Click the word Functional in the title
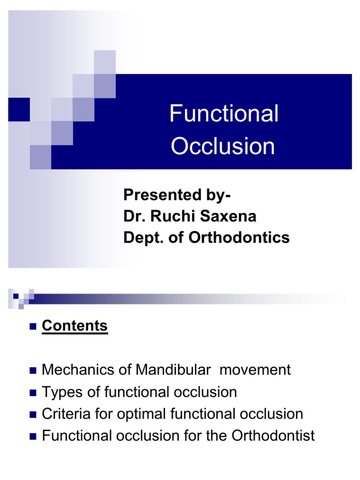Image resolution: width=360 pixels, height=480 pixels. [224, 114]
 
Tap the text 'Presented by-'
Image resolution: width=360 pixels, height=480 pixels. [177, 195]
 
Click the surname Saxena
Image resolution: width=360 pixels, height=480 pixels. [230, 217]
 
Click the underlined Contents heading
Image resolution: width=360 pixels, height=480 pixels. [75, 326]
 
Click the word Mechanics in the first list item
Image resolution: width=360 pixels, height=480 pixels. [73, 370]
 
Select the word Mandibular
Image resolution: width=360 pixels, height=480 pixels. [173, 370]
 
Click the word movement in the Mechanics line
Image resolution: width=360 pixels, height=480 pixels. [255, 370]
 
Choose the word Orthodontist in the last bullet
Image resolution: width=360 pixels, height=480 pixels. [273, 436]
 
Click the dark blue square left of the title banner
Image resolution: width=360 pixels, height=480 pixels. [19, 109]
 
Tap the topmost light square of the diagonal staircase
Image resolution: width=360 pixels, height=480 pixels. [105, 61]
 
